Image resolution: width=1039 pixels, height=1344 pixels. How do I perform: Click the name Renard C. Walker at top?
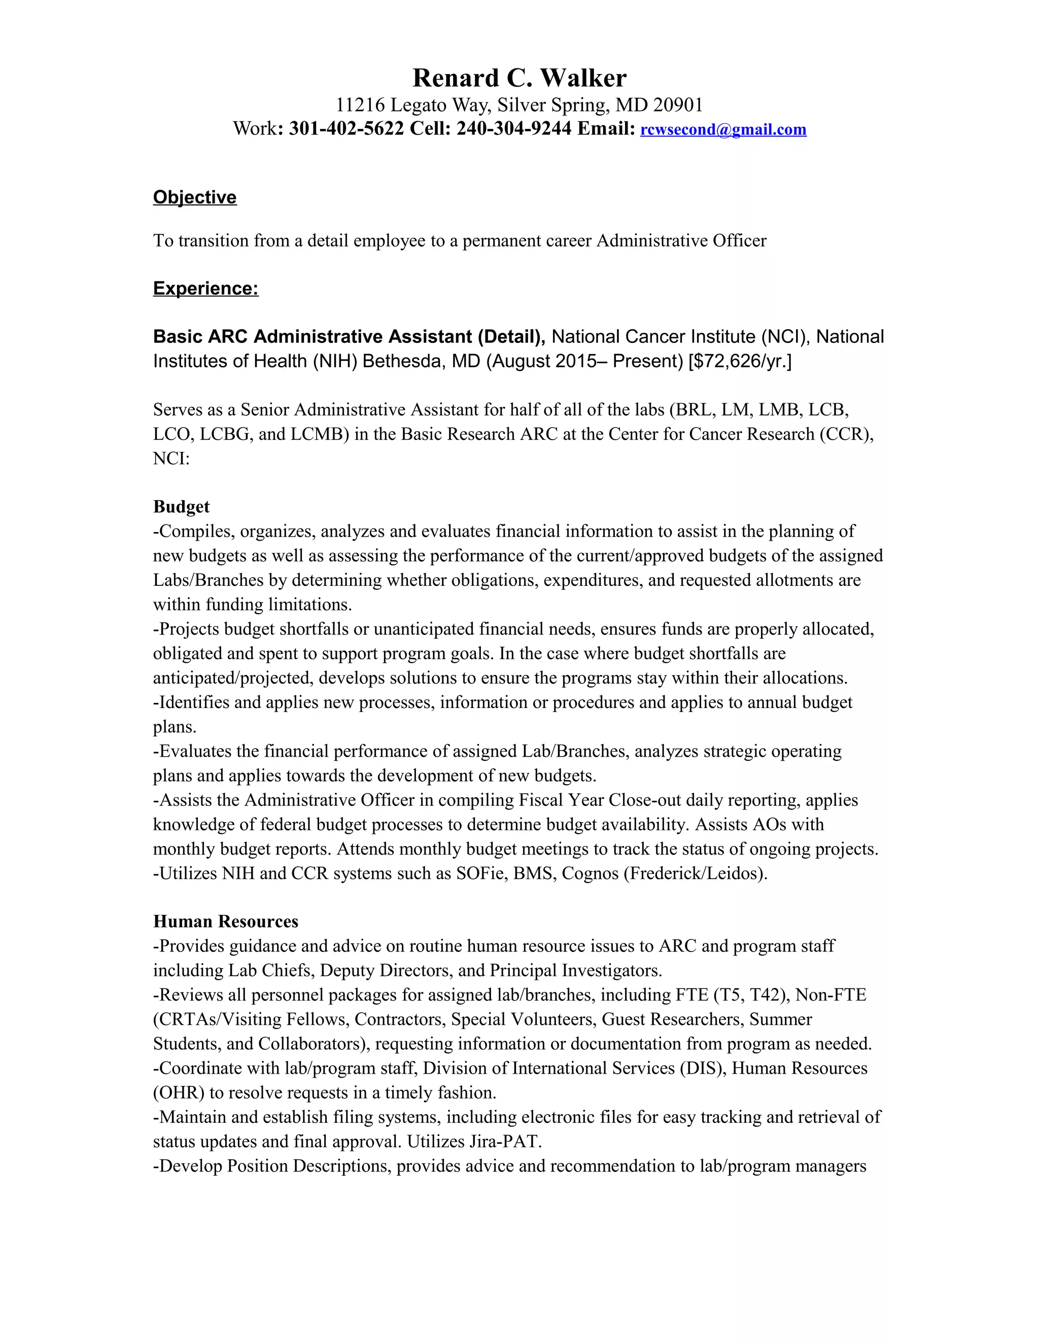point(519,78)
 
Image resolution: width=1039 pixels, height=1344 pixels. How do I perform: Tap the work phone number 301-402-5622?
point(346,129)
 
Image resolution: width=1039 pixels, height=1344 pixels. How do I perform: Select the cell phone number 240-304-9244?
point(513,129)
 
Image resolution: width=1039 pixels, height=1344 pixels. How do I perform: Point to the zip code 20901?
point(678,105)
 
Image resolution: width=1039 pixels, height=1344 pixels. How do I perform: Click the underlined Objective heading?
point(194,197)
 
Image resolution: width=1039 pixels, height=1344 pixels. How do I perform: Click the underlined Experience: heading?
point(205,289)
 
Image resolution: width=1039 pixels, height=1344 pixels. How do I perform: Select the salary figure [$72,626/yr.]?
point(740,361)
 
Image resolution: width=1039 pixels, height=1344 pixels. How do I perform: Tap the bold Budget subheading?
point(181,507)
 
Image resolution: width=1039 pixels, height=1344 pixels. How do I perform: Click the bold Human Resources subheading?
point(225,922)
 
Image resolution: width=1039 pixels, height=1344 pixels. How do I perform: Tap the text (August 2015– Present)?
point(585,361)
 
